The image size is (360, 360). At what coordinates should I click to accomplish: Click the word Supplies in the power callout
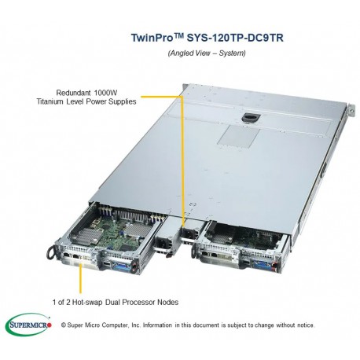coord(119,101)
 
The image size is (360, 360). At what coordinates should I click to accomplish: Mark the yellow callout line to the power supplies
coord(183,157)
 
